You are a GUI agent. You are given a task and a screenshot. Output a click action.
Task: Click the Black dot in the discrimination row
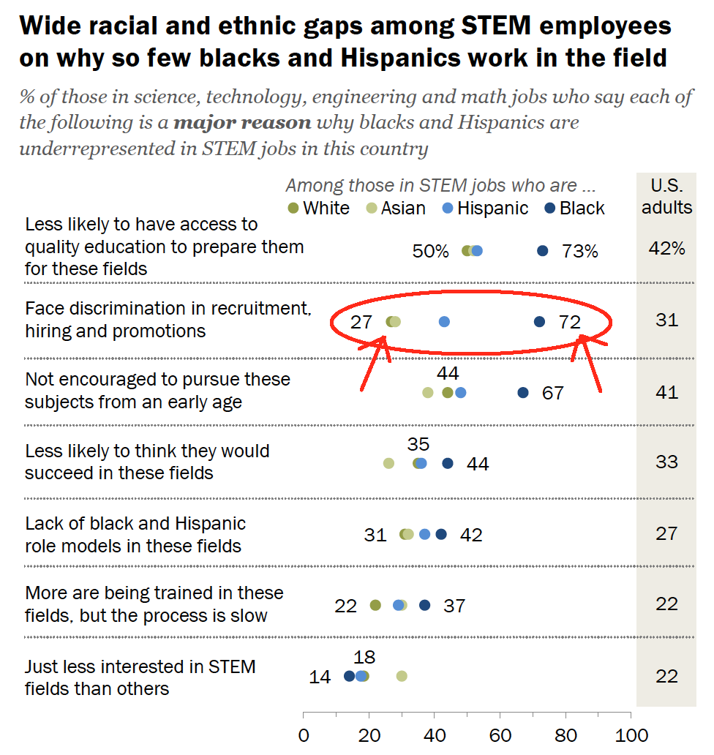(x=540, y=322)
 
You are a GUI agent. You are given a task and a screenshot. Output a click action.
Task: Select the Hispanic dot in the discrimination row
(x=444, y=322)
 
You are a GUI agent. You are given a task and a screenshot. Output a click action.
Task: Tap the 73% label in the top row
(x=580, y=252)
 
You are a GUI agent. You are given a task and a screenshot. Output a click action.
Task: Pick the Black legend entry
(x=574, y=209)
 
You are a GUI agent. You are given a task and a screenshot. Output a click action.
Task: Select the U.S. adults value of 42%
(x=666, y=248)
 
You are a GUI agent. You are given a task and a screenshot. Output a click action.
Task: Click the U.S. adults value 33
(x=666, y=462)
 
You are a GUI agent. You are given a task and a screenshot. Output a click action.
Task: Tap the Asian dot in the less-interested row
(x=402, y=676)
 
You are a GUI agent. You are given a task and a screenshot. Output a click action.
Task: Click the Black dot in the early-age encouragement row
(x=523, y=393)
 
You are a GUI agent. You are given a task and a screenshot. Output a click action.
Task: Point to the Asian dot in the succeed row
(x=388, y=463)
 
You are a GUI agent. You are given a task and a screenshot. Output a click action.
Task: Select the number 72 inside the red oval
(x=570, y=322)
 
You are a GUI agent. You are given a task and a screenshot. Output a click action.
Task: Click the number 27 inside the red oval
(x=361, y=322)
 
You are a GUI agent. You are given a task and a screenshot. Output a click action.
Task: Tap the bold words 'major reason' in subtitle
(x=242, y=123)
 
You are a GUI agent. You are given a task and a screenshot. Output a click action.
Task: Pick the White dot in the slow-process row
(x=375, y=605)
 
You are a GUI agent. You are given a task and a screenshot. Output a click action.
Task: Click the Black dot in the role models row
(x=441, y=534)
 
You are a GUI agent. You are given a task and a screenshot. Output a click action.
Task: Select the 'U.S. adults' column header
(x=666, y=196)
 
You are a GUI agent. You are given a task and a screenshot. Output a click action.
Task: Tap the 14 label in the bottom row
(x=320, y=677)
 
